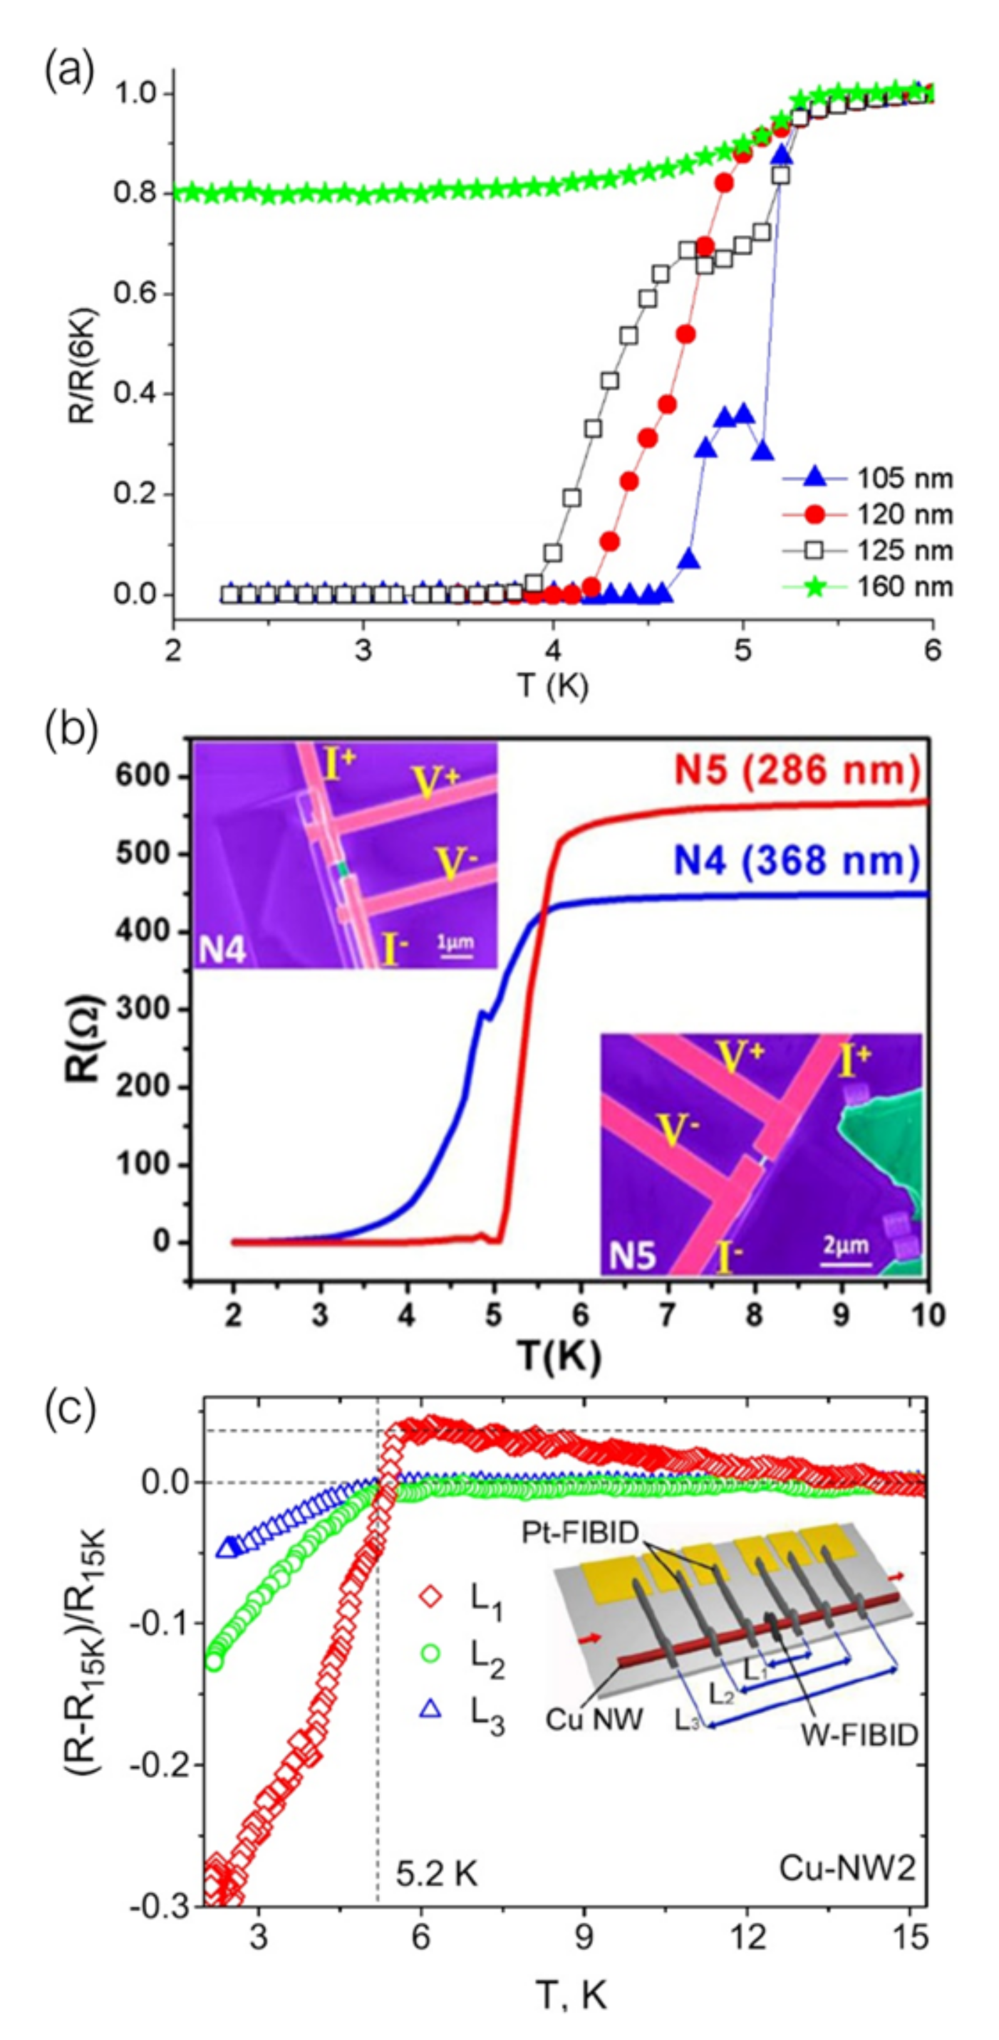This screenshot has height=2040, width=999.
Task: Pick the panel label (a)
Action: [x=69, y=75]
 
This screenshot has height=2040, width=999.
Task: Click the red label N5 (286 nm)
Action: [x=797, y=768]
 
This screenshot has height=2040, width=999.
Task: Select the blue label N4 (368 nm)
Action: [x=797, y=860]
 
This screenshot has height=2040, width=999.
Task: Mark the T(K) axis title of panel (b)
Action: [x=560, y=1356]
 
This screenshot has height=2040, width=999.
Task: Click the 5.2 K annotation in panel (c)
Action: [x=437, y=1876]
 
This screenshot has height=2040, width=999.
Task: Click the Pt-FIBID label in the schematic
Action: [x=580, y=1533]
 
